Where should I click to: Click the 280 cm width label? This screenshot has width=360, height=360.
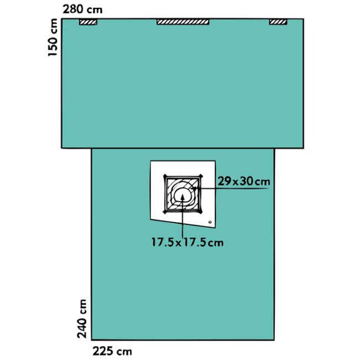pos(83,9)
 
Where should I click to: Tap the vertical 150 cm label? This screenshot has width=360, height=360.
pos(53,37)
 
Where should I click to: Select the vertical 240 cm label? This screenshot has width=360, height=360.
pos(82,318)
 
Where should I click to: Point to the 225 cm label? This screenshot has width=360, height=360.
pos(112,352)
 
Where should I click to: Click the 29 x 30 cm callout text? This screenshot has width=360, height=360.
pos(244,181)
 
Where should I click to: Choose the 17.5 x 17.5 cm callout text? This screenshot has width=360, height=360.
pos(187,243)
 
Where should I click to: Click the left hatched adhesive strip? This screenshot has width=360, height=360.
pos(88,22)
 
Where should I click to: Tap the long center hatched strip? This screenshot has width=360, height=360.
pos(183,22)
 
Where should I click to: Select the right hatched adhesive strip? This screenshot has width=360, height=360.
pos(278,22)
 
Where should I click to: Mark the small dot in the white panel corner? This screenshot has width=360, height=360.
pos(209,222)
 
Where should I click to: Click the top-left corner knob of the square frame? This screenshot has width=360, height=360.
pos(165,176)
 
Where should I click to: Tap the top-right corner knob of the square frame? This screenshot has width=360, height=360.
pos(201,176)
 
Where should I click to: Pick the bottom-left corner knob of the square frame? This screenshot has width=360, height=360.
pos(164,212)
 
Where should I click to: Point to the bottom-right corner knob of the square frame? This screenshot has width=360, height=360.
pos(201,212)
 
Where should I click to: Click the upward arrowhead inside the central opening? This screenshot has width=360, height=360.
pos(183,198)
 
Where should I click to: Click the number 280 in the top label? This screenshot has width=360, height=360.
pos(73,9)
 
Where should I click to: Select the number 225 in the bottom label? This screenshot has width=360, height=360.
pos(103,352)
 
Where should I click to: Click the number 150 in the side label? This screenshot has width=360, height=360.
pos(53,45)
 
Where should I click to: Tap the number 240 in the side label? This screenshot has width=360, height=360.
pos(82,327)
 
